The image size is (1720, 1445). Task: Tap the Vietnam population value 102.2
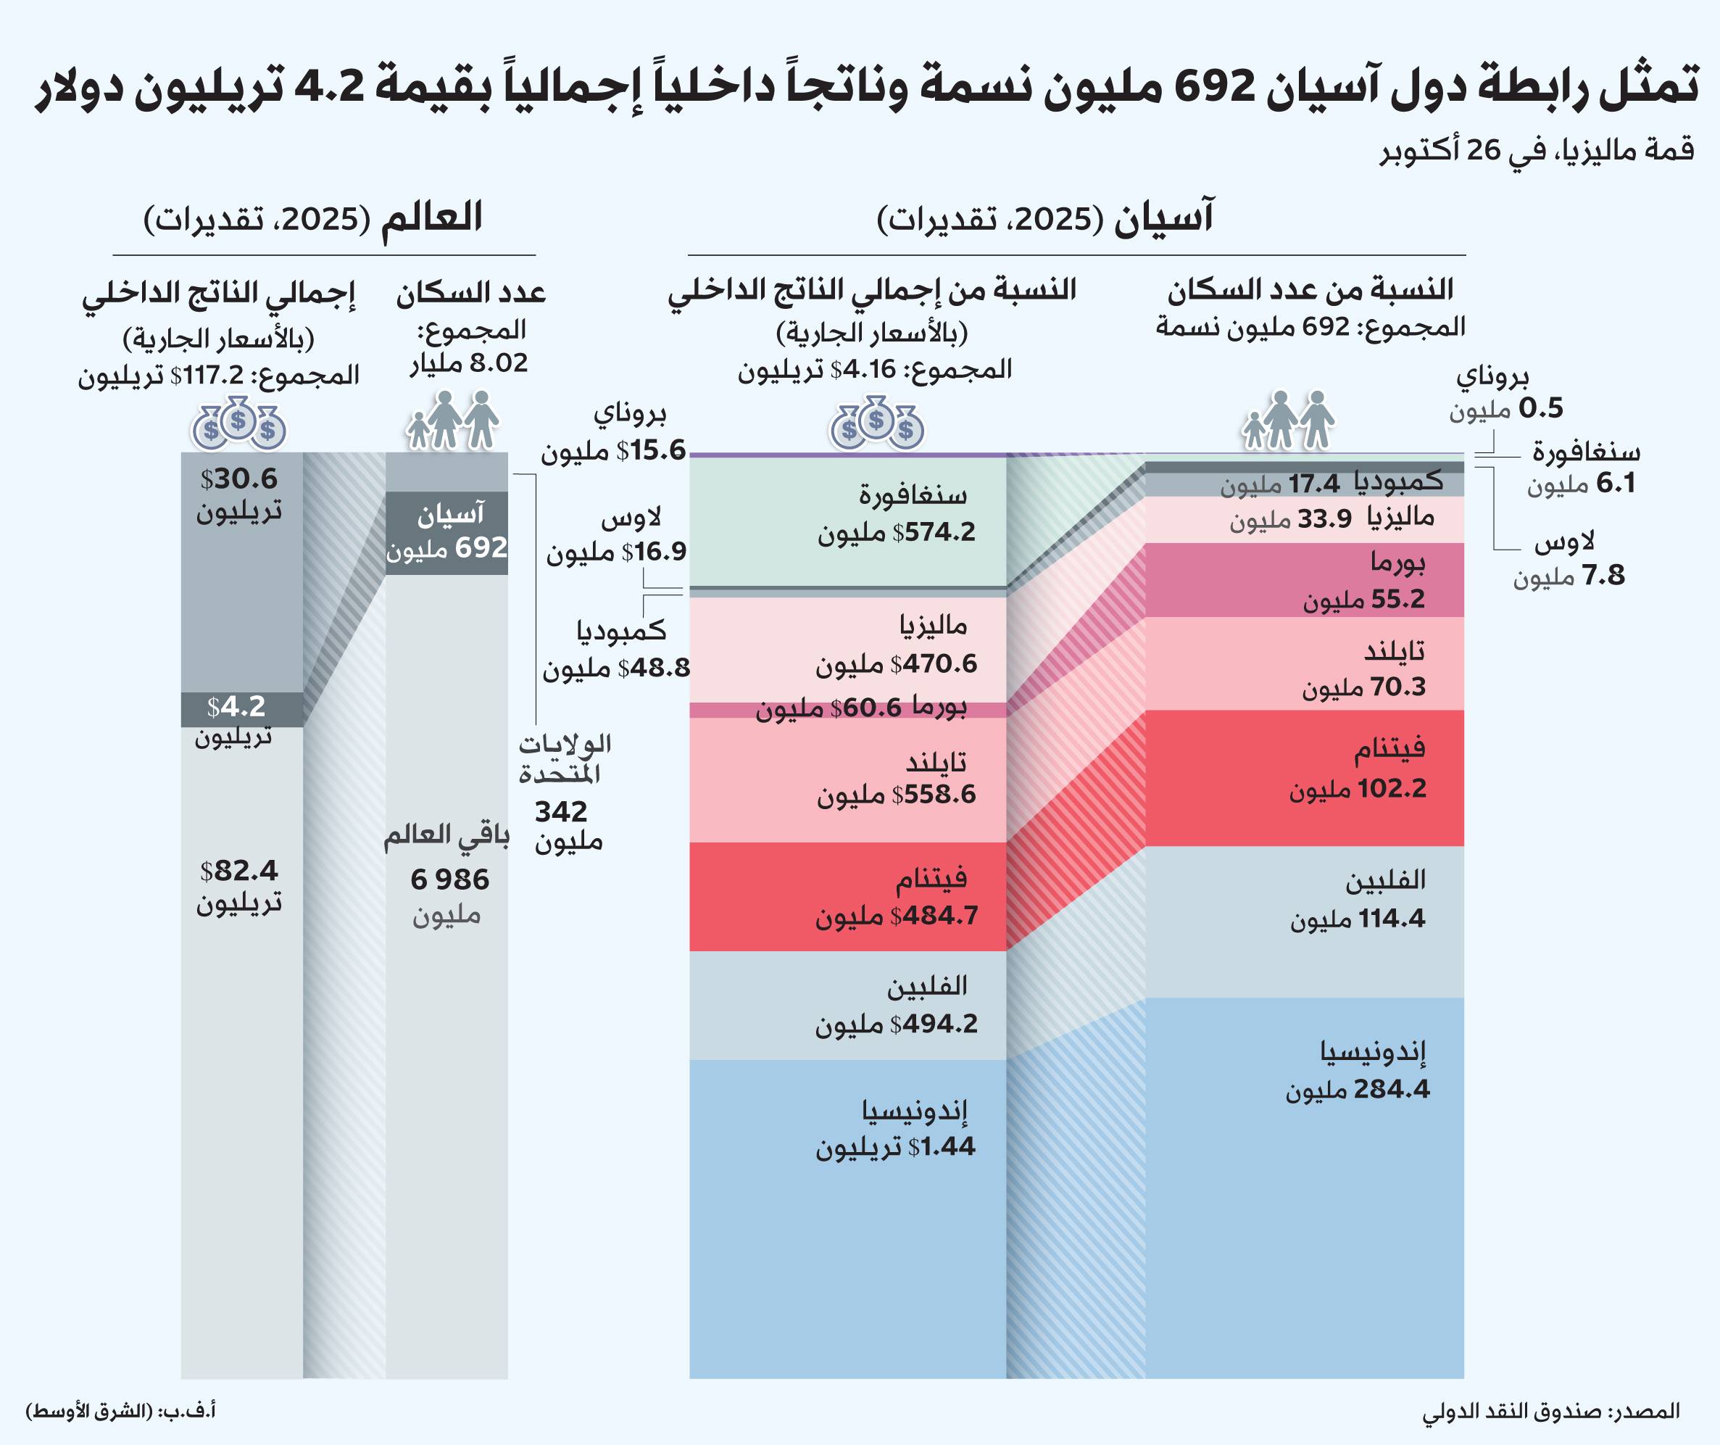(1392, 789)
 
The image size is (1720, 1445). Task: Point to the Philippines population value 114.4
(1392, 919)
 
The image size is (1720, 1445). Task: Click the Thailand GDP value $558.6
(934, 795)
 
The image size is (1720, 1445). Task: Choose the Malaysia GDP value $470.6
(934, 663)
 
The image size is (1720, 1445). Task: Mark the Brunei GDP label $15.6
(651, 450)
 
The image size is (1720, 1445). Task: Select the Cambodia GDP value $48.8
(654, 668)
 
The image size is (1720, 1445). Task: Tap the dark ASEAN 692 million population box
(446, 532)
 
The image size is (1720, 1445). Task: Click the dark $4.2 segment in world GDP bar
(241, 708)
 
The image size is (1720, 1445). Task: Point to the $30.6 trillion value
(239, 479)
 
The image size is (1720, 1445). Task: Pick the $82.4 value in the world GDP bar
(239, 870)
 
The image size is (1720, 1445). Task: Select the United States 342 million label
(562, 811)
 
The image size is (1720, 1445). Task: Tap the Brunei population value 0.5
(1540, 408)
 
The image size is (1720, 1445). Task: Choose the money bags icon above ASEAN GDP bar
(876, 423)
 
